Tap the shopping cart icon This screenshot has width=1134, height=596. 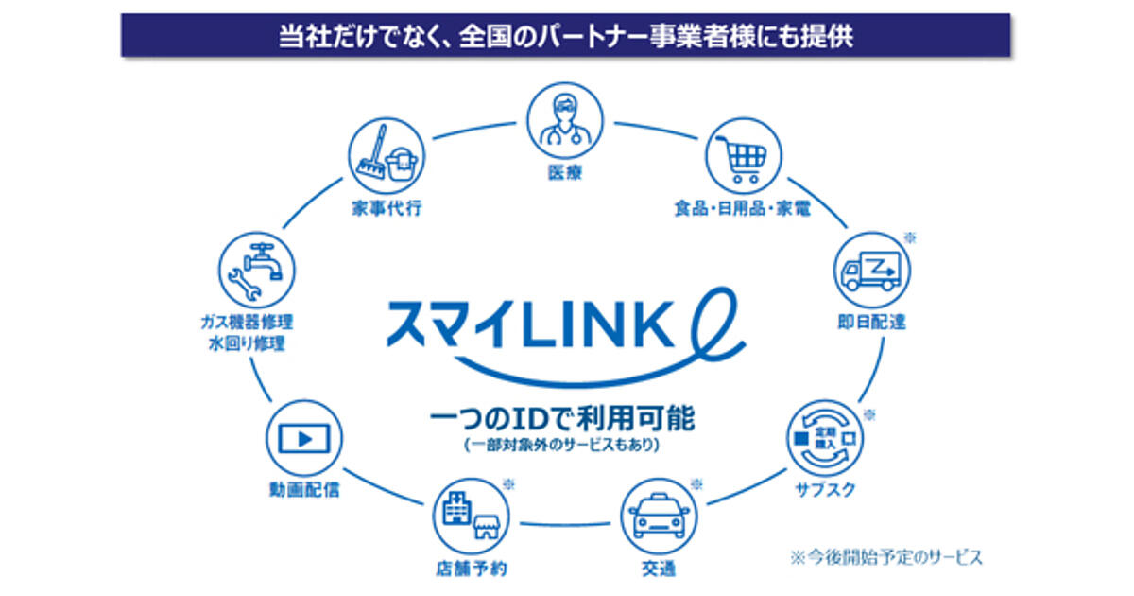[x=745, y=157]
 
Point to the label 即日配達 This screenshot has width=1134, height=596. [x=870, y=323]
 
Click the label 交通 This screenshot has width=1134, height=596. [x=658, y=570]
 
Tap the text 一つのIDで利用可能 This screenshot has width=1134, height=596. [x=561, y=417]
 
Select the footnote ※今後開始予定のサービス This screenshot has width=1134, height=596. [x=886, y=556]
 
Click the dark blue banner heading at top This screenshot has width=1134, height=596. [x=566, y=36]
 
